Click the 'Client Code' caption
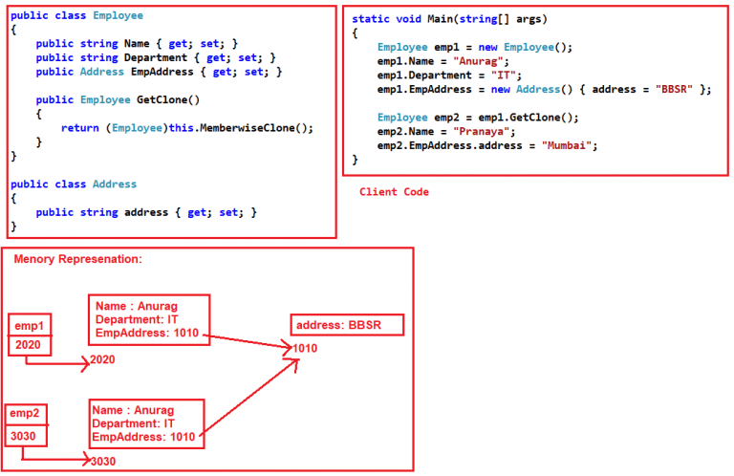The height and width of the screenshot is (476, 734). coord(394,192)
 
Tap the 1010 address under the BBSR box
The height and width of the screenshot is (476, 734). coord(304,349)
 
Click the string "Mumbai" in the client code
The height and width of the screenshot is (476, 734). coord(569,145)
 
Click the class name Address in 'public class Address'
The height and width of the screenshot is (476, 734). coord(115,184)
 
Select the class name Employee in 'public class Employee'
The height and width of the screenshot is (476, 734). coord(119,16)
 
